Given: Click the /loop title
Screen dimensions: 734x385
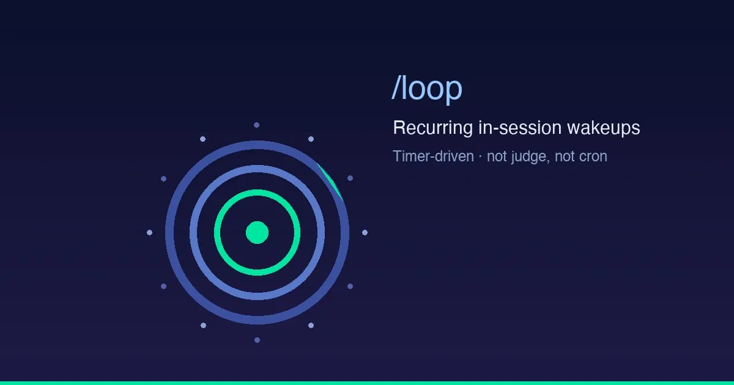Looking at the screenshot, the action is (427, 88).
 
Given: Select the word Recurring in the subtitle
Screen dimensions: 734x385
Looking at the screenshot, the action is (433, 128).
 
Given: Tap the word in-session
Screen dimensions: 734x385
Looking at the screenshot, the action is (520, 127).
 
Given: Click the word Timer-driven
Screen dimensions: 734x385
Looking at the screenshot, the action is (434, 156).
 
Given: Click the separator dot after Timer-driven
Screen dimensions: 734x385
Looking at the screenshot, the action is (480, 156).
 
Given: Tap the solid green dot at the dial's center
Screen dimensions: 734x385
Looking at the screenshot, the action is (258, 232).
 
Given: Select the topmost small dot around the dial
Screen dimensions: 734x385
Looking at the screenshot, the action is (256, 125).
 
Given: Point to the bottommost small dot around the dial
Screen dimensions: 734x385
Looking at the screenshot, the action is (258, 340).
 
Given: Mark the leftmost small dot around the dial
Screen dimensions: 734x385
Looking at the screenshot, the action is (149, 232).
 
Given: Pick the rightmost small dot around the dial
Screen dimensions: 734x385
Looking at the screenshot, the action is (365, 232).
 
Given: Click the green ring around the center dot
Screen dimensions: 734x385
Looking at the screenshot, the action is (258, 193).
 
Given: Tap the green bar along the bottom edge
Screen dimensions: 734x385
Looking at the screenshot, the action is (367, 383).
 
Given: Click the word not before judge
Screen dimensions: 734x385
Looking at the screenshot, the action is (497, 156).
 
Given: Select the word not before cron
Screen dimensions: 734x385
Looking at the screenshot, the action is (565, 156).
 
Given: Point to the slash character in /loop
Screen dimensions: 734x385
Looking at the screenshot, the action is (396, 87).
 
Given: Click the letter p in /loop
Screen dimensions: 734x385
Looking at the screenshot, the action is (454, 92).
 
